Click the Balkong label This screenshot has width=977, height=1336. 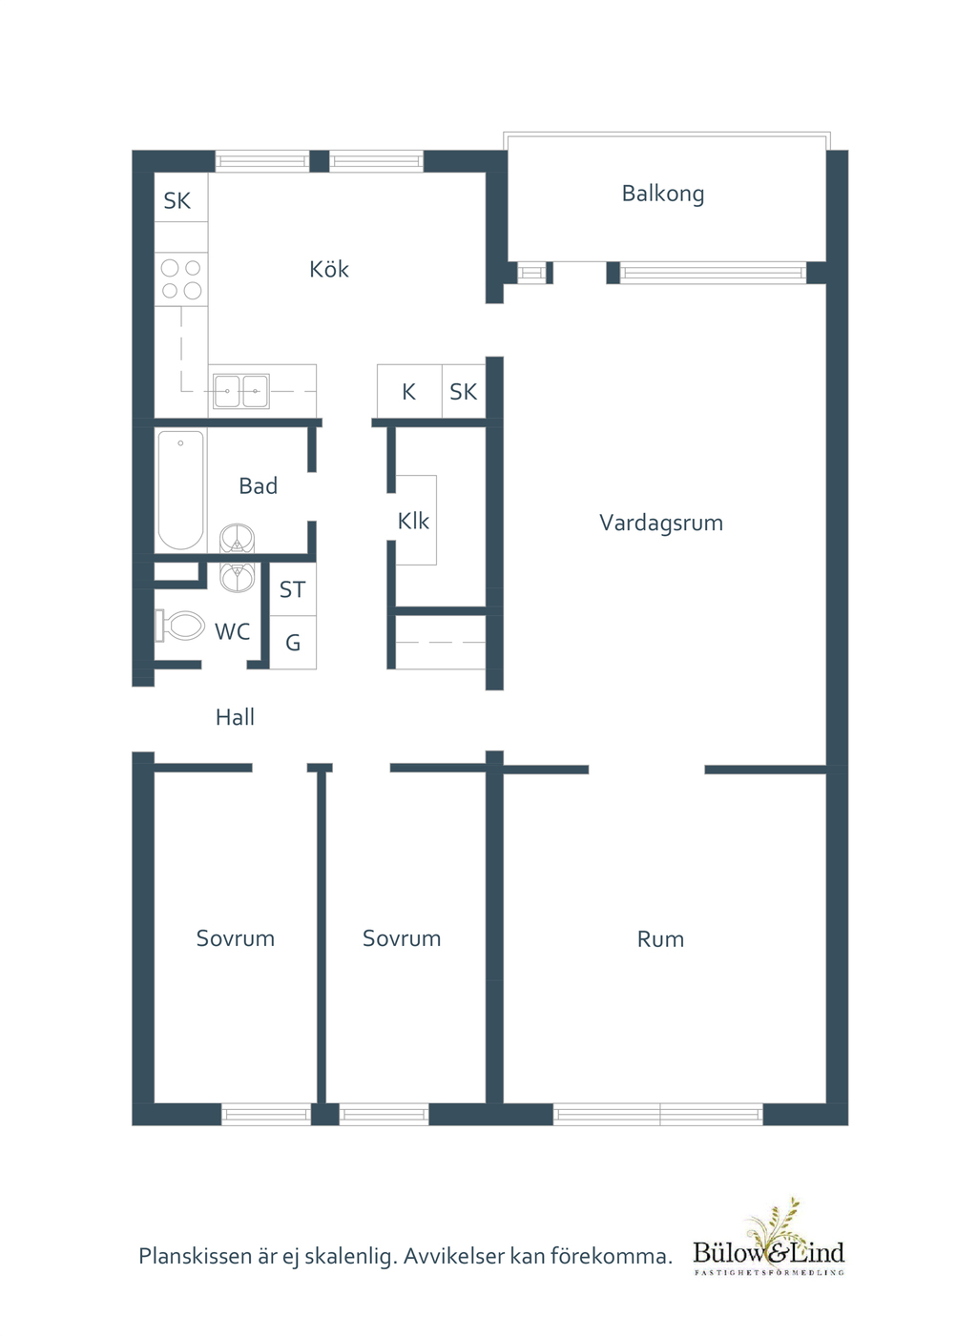coord(663,194)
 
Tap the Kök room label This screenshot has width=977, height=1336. coord(329,270)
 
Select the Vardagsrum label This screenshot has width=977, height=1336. coord(661,523)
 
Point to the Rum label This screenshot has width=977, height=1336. coord(660,939)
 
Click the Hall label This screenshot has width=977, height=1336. coord(235,717)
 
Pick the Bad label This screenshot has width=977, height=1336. coord(258,486)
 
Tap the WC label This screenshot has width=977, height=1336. coord(232,631)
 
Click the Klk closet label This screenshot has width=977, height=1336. coord(413,521)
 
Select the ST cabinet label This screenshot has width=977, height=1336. coord(292,590)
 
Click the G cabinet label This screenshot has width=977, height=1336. coord(293,644)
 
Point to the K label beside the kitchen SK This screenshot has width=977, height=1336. coord(408,392)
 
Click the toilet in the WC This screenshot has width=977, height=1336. coord(181,626)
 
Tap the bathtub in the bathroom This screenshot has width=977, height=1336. coord(180,489)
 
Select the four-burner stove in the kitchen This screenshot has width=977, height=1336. coord(181,279)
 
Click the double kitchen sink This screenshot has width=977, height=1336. coord(240,391)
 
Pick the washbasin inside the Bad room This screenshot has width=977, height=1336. coord(237,539)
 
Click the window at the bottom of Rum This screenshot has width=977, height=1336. coord(657,1114)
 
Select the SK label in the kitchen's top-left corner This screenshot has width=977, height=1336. coord(177,201)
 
